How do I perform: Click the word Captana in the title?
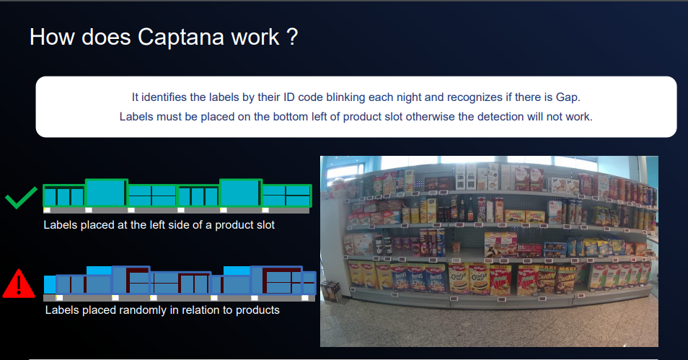coord(181,38)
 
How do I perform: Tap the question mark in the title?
coord(293,37)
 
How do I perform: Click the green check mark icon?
coord(21,198)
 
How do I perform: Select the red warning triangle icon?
coord(19,284)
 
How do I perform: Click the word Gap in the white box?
coord(568,97)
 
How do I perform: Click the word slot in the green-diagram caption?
coord(265,225)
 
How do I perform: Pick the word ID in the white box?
coord(288,97)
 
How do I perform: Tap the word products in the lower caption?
coord(257,310)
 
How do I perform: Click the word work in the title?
coord(255,37)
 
